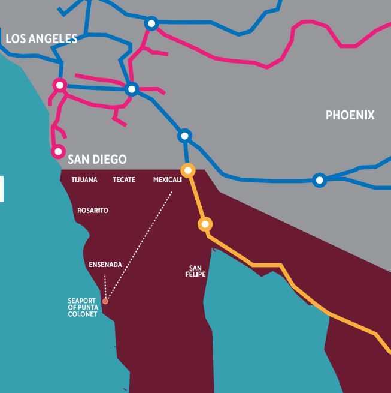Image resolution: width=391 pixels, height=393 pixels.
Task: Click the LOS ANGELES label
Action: point(41,39)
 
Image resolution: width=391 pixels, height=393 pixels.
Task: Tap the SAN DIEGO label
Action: point(97,160)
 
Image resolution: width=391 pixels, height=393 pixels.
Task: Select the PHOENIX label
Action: point(350,115)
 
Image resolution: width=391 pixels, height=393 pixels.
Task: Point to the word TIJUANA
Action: point(84,180)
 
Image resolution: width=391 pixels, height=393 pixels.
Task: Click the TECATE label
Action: point(124,180)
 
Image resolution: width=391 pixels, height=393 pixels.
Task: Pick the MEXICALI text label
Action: point(167,180)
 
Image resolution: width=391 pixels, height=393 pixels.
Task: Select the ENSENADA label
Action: point(105,265)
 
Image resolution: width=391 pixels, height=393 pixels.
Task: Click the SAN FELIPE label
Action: point(196,271)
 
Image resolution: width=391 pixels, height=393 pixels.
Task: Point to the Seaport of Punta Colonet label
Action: point(83,307)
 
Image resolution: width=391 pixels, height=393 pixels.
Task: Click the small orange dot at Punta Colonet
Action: point(105,301)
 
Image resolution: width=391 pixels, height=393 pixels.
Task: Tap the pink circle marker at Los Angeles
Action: point(59,85)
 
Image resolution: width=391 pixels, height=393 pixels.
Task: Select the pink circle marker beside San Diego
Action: point(58,151)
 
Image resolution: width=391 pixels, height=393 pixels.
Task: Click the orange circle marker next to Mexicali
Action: point(188,170)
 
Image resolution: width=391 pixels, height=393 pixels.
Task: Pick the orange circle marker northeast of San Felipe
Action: point(205,224)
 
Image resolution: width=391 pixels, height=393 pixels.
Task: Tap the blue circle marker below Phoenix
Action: point(320,179)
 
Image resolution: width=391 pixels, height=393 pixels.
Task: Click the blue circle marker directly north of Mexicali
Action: point(184,136)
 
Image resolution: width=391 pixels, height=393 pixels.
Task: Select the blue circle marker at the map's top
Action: point(151,23)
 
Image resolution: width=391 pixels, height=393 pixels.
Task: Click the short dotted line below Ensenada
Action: point(105,286)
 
